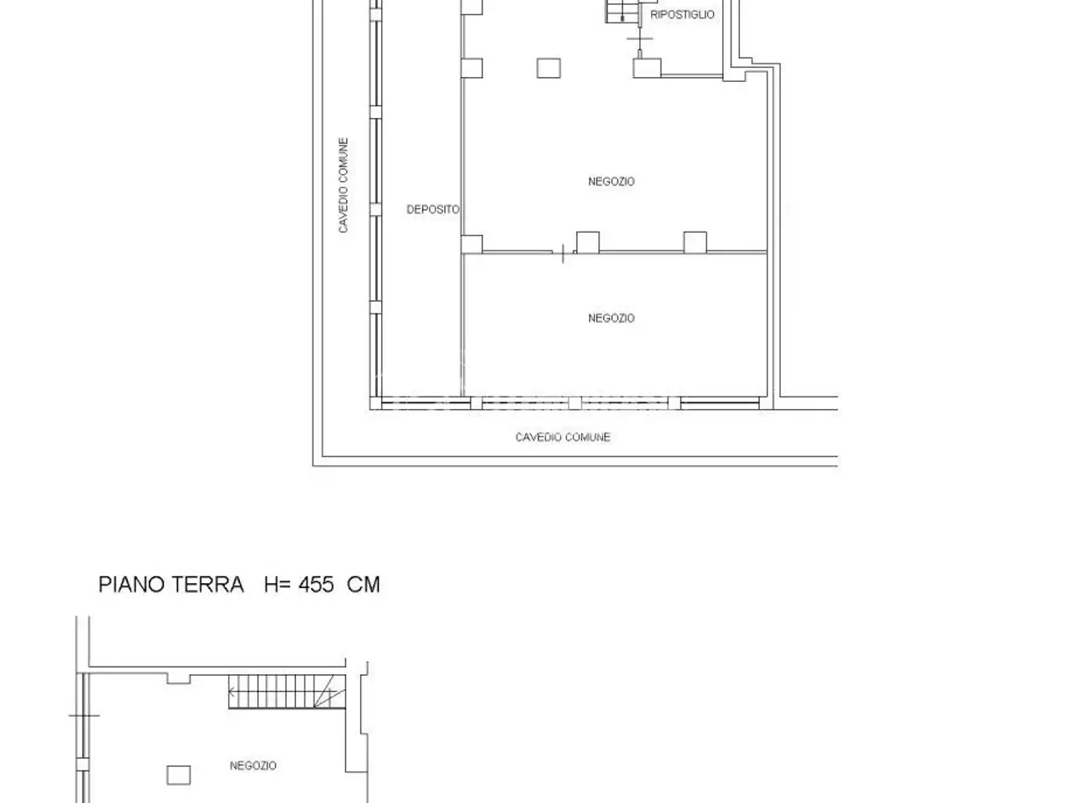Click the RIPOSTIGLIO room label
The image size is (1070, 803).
click(682, 14)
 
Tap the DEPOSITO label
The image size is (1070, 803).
click(433, 210)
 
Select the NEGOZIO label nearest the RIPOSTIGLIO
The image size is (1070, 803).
click(611, 182)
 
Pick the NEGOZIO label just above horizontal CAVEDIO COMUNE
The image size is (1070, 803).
click(611, 318)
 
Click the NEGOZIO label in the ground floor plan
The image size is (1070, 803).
click(253, 765)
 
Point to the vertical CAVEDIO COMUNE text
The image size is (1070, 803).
click(344, 185)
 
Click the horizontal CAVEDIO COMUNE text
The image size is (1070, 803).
click(563, 437)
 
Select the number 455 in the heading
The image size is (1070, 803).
click(316, 585)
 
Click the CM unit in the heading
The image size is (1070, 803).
click(363, 585)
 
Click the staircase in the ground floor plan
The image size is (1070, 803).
click(287, 692)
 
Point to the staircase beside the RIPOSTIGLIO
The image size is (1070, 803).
click(623, 11)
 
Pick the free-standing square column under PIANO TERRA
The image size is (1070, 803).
click(178, 775)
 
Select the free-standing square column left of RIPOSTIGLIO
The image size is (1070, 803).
click(548, 68)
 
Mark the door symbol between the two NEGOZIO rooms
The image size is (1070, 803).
click(563, 253)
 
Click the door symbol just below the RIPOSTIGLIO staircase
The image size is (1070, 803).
click(639, 38)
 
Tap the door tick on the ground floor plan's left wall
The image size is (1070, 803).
click(84, 716)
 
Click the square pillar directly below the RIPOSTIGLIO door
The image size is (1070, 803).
click(647, 68)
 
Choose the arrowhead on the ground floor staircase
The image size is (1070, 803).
click(232, 692)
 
